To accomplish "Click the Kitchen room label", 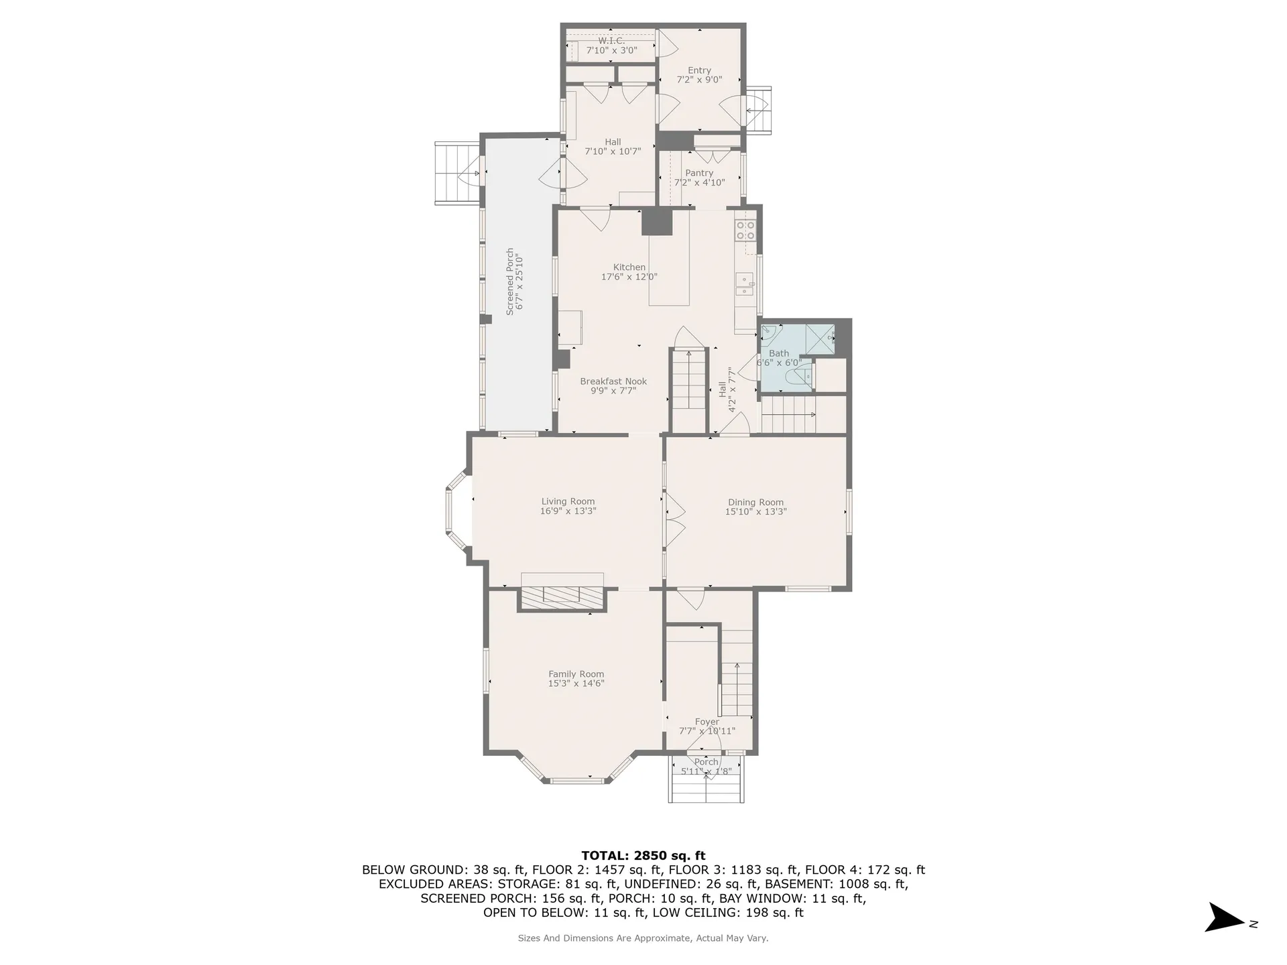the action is [629, 267].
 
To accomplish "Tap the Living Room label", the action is [568, 501].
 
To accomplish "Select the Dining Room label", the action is [755, 502].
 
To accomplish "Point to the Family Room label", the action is [576, 674].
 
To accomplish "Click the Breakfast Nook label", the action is [613, 381].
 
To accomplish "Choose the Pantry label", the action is [699, 173].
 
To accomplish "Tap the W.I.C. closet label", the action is [611, 41].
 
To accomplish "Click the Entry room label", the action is [699, 70].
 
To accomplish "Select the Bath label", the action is [779, 353].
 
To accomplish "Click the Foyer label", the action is [707, 722].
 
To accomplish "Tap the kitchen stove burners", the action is [746, 230].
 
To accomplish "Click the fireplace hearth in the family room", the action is [562, 598].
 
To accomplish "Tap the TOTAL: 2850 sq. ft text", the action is [643, 855].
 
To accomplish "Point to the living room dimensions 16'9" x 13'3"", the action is [568, 511].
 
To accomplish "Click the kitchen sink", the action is [744, 285].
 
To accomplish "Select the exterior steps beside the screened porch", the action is [457, 173].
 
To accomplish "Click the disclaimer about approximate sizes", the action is [643, 938].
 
